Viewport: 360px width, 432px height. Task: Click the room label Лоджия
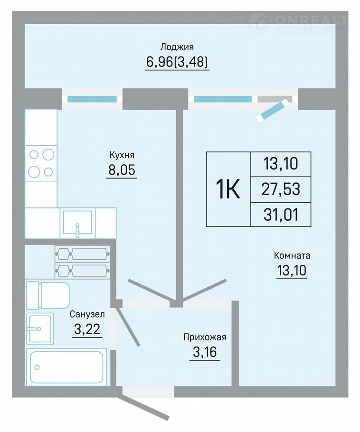coord(177,47)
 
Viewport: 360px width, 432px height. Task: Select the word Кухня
coord(122,155)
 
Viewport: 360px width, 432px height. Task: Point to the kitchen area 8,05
coord(122,170)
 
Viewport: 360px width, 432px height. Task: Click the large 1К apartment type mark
coord(228,189)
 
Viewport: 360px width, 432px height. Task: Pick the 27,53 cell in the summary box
coord(281,189)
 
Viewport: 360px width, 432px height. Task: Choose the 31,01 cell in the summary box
coord(281,215)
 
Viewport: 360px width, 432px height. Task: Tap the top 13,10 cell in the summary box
coord(281,164)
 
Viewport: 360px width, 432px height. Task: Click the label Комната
coord(292,255)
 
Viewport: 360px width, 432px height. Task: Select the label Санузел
coord(87,314)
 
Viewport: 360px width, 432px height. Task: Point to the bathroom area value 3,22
coord(87,329)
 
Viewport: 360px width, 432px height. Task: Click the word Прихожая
coord(205,337)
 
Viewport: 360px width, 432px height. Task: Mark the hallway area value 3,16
coord(205,352)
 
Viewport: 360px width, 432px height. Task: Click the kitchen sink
coord(77,223)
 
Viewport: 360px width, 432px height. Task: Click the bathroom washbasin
coord(40,329)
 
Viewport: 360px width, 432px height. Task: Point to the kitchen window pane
coord(92,99)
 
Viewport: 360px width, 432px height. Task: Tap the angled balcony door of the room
coord(274,110)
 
